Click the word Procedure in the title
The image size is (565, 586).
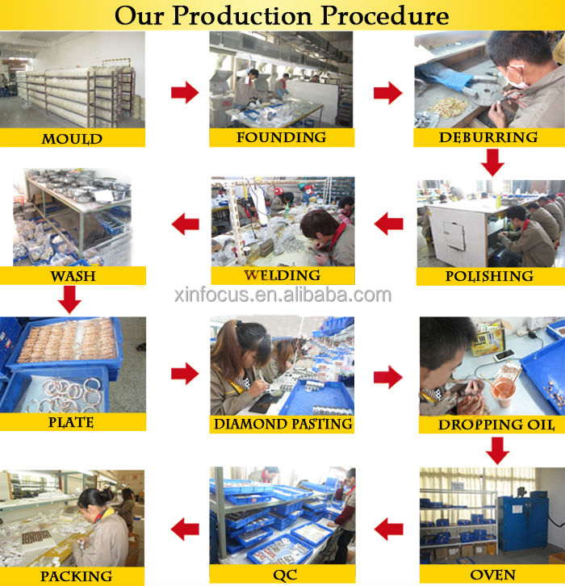point(385,15)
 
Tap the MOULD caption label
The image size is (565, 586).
point(72,139)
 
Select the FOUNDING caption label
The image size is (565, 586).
point(282,137)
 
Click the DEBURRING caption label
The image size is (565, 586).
point(488,137)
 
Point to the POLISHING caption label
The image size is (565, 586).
point(489,276)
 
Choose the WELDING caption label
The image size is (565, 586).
point(282,275)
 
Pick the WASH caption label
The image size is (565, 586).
point(73,276)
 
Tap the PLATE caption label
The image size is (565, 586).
point(71,422)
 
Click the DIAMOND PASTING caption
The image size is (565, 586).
point(282,424)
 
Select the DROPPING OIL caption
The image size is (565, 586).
point(496,425)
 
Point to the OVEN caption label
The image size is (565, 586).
point(492,575)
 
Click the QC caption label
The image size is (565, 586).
point(285,576)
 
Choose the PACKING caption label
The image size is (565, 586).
point(76,576)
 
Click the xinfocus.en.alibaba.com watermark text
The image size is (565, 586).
point(282,295)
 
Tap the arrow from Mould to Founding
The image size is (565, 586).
point(185,92)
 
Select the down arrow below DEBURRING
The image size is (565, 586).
point(492,162)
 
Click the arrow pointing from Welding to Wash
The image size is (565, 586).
point(186,224)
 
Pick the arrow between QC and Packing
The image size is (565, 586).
point(185,529)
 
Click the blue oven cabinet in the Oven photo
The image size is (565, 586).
point(523,523)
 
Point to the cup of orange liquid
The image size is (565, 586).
point(502,392)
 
